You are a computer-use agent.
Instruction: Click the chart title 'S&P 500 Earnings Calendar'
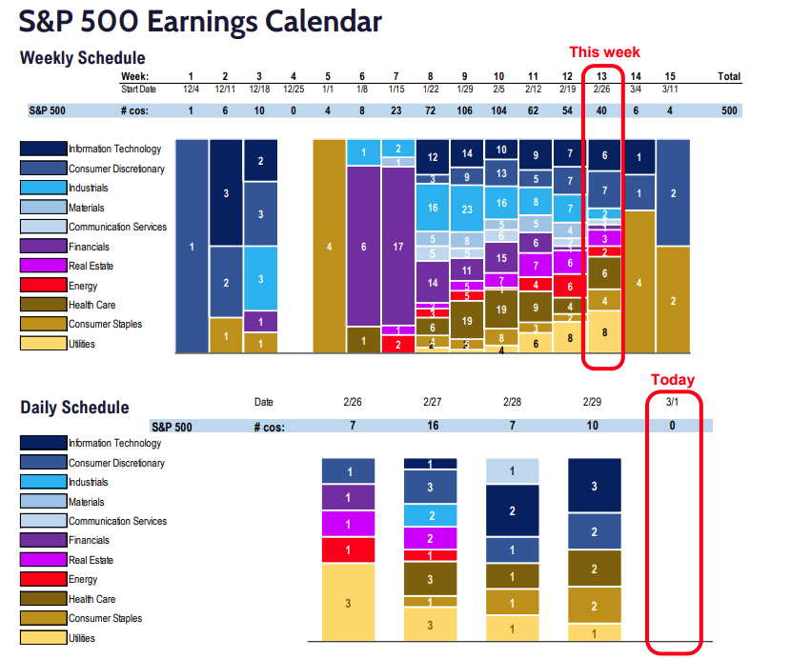[x=201, y=21]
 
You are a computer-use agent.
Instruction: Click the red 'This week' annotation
[x=604, y=51]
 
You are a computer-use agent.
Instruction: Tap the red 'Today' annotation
[x=673, y=379]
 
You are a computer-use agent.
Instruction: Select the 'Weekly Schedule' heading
[x=83, y=58]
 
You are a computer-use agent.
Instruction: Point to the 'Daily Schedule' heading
[x=74, y=408]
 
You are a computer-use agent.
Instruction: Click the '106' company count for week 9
[x=466, y=110]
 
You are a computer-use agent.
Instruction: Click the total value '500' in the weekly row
[x=729, y=110]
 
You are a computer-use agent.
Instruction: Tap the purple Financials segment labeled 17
[x=397, y=246]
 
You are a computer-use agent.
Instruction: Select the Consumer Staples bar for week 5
[x=329, y=247]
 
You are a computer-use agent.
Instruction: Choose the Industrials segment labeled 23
[x=466, y=209]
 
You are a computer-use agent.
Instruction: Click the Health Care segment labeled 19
[x=466, y=321]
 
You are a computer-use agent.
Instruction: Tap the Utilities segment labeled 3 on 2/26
[x=349, y=602]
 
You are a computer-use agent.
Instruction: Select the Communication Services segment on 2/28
[x=512, y=470]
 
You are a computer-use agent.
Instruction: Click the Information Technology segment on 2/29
[x=594, y=486]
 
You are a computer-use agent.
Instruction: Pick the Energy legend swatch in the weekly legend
[x=43, y=286]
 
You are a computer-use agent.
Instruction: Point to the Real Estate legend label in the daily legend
[x=91, y=560]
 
